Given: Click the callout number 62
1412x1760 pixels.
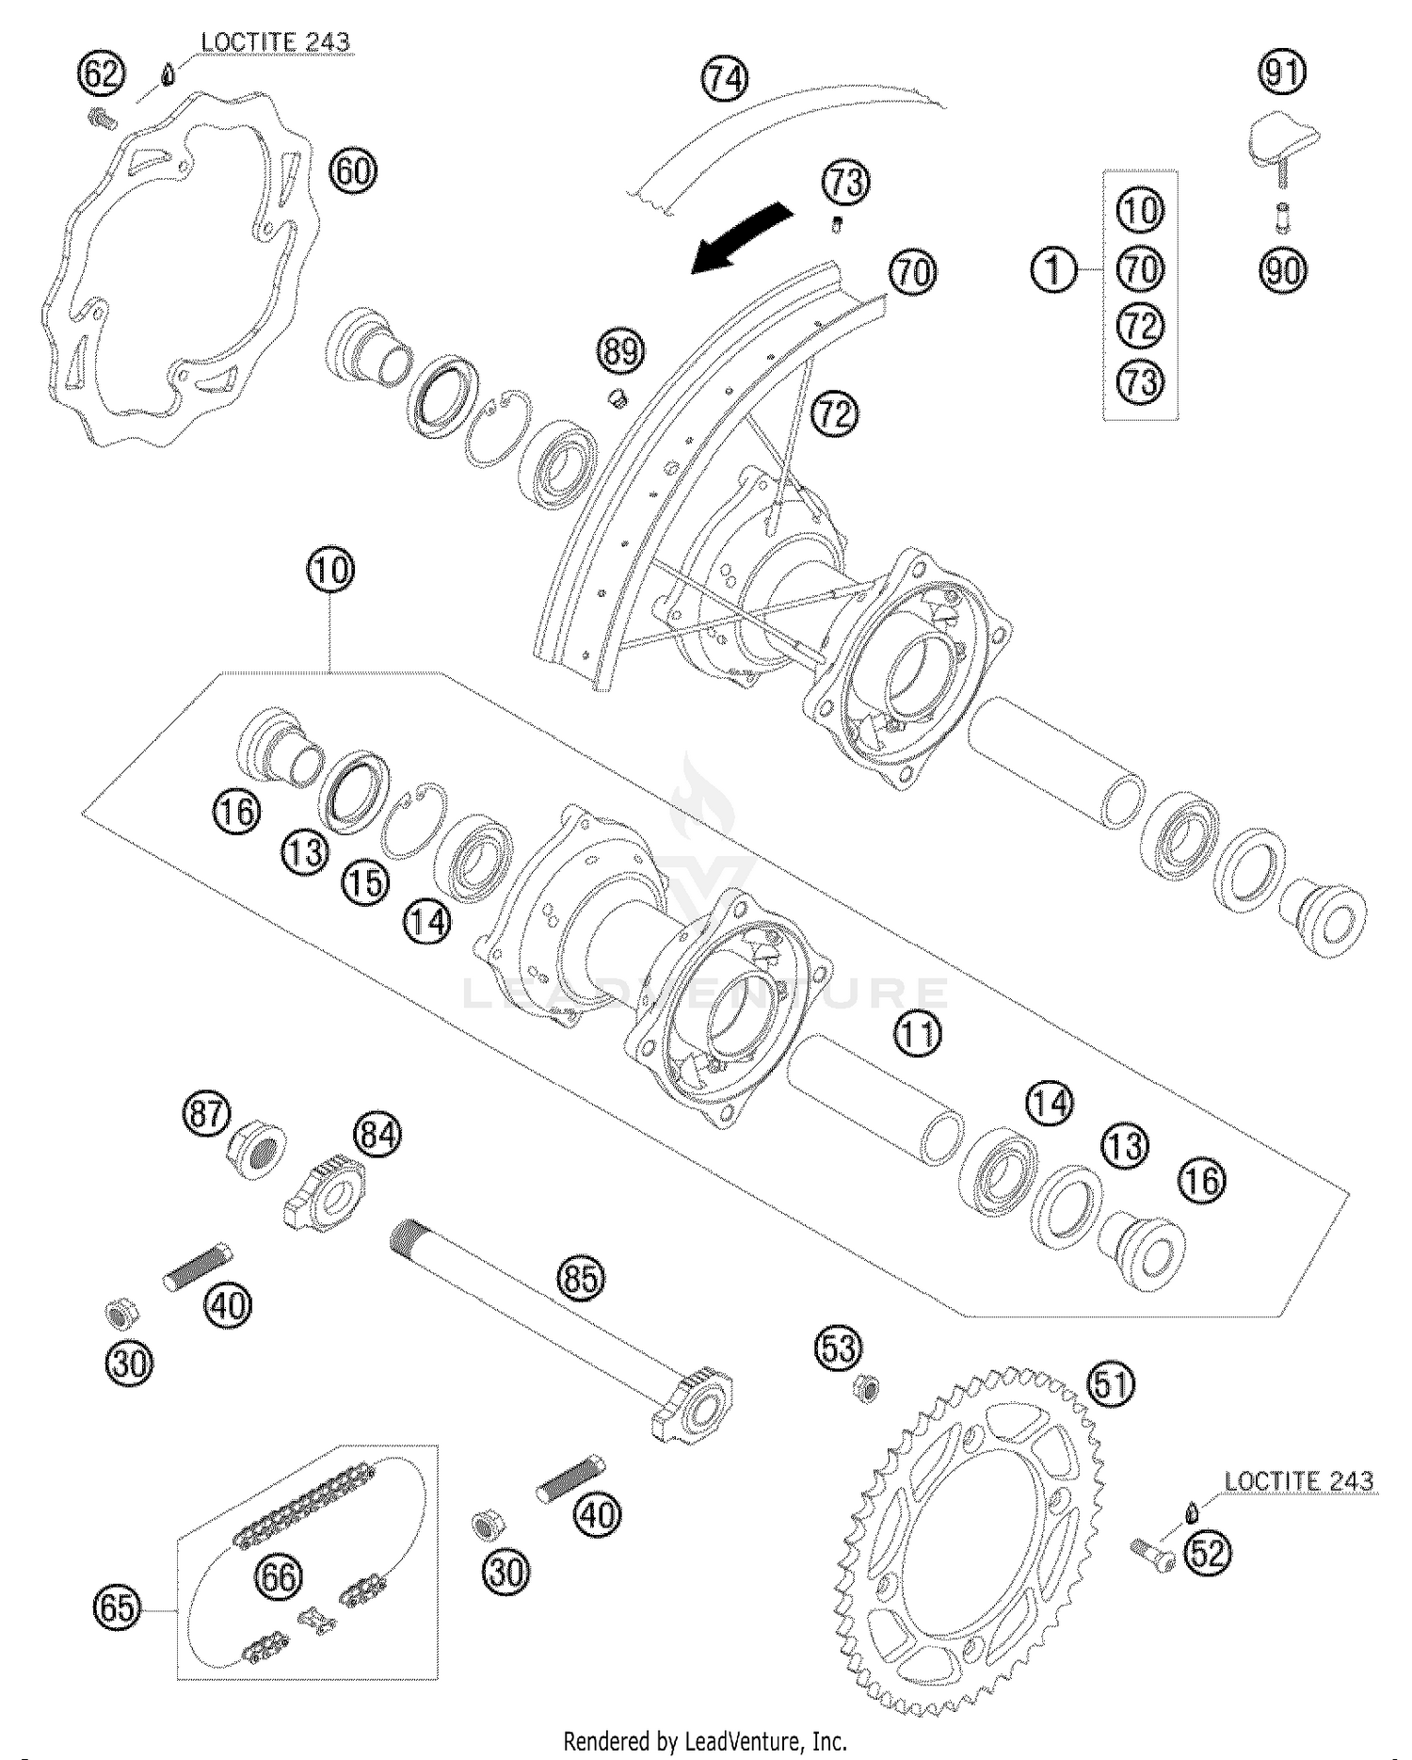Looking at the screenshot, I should tap(101, 73).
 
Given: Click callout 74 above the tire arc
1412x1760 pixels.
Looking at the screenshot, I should tap(724, 79).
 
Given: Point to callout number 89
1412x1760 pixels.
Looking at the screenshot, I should tap(620, 352).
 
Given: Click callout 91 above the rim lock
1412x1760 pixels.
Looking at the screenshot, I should tap(1283, 72).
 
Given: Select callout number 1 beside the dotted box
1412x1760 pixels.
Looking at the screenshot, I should tap(1053, 271).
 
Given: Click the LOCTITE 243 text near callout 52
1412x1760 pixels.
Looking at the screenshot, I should tap(1299, 1481).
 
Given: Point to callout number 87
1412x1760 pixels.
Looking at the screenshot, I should tap(206, 1114).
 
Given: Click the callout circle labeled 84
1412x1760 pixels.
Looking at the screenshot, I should tap(377, 1135).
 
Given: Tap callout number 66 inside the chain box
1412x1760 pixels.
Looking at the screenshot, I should tap(280, 1576).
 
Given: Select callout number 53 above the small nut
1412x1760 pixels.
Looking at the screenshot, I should tap(838, 1349).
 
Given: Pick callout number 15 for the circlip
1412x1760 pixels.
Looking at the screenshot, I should tap(365, 882).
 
